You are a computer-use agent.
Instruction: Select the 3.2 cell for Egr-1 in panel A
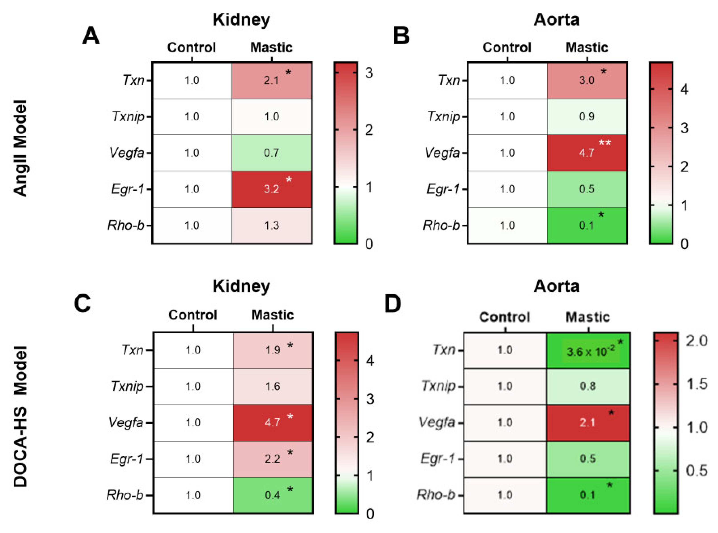(271, 189)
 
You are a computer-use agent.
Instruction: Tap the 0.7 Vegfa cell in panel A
(271, 153)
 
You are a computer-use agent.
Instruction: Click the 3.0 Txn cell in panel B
(587, 80)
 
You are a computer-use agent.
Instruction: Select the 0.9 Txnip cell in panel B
(587, 116)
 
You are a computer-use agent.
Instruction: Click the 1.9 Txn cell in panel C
(273, 350)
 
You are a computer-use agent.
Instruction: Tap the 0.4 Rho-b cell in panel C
(273, 495)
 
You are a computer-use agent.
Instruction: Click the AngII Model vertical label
(20, 148)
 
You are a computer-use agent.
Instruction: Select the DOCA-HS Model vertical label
(20, 416)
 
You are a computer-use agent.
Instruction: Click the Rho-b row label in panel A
(126, 225)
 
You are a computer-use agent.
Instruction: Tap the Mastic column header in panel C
(273, 315)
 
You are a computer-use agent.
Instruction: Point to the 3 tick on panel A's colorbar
(369, 73)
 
